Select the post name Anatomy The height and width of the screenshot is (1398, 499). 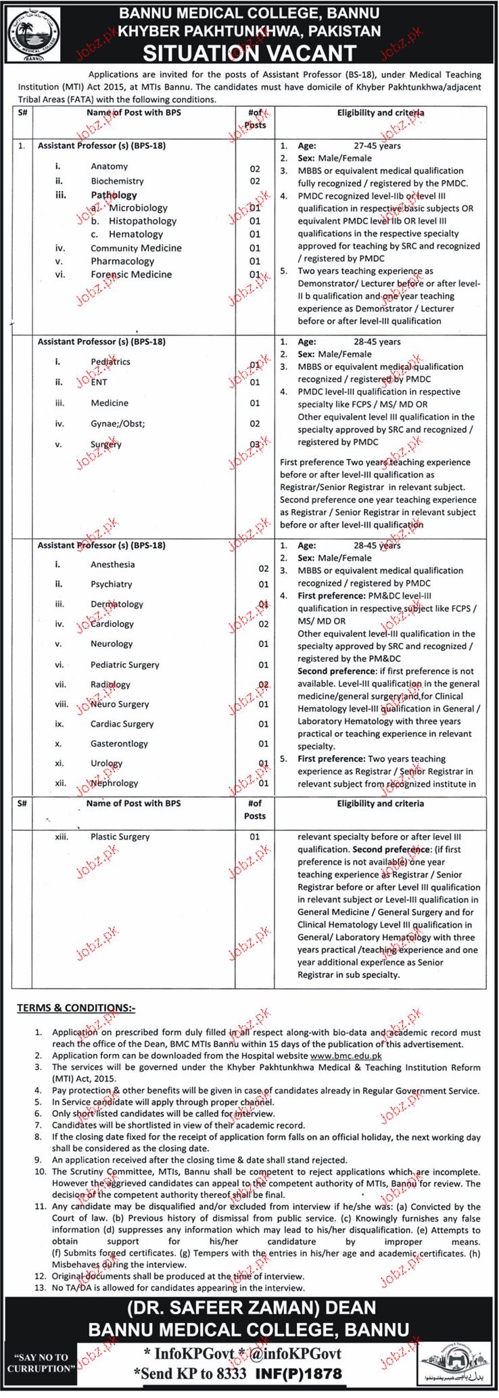(109, 166)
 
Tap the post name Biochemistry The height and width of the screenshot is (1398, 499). (117, 181)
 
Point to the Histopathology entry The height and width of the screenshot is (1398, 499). (143, 221)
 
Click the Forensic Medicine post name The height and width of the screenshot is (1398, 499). (131, 274)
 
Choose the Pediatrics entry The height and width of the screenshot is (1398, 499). (110, 362)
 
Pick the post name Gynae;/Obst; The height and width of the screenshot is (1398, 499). (118, 424)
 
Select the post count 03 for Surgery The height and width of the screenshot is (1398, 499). (254, 444)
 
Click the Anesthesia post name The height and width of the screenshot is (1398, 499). (112, 564)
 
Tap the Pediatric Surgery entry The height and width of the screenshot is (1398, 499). (125, 665)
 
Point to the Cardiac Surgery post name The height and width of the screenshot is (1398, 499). (122, 724)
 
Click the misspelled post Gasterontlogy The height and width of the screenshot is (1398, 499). (119, 744)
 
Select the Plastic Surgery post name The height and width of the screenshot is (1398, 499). (120, 837)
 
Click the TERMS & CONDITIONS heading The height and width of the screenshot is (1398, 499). (76, 1009)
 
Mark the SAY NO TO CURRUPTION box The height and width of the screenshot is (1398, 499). (41, 1374)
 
